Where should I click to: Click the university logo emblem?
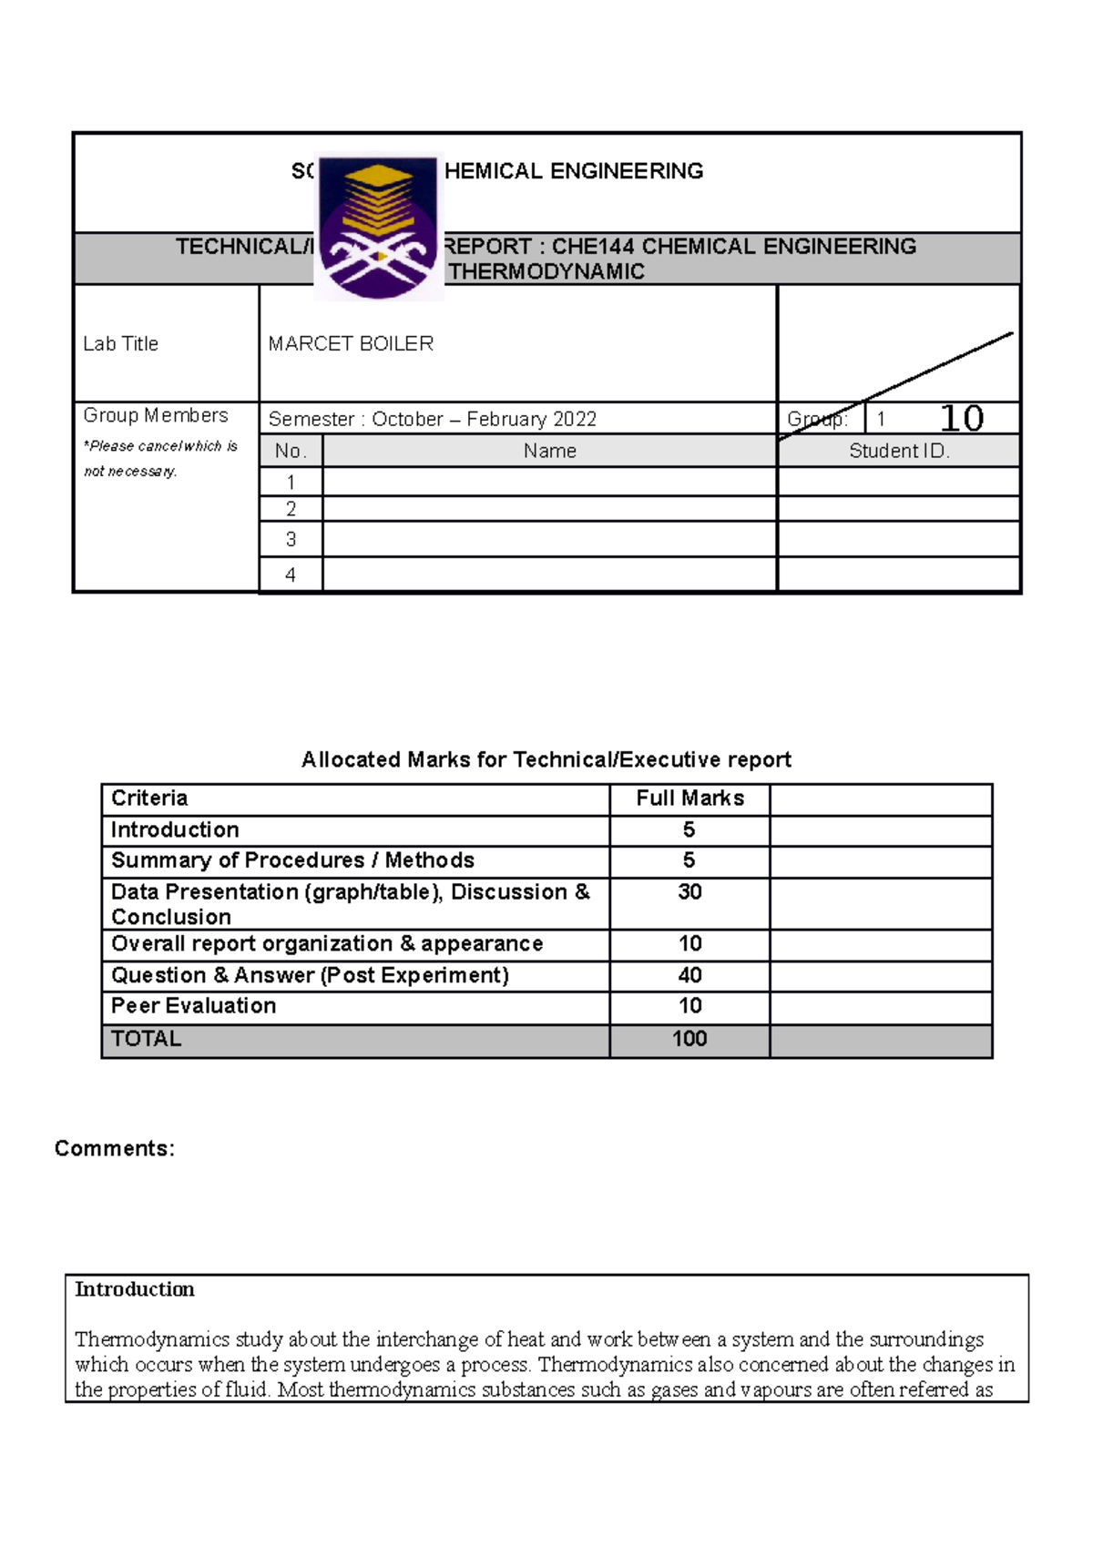(378, 228)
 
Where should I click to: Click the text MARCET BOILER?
(351, 343)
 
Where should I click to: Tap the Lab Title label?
(120, 343)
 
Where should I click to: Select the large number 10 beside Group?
(961, 418)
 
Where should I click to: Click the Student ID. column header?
(899, 451)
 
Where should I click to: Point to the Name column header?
(549, 451)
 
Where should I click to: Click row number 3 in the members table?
(291, 539)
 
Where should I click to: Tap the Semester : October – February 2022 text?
(432, 419)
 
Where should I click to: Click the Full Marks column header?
(690, 798)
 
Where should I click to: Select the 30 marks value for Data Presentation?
(690, 892)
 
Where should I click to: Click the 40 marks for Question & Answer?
(690, 975)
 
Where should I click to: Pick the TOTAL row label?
(146, 1039)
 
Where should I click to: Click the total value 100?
(690, 1039)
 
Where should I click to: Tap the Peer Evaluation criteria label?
(193, 1006)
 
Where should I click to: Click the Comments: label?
(114, 1148)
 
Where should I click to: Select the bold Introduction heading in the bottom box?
(134, 1289)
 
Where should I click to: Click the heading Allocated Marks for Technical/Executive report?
(546, 759)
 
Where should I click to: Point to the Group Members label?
(155, 415)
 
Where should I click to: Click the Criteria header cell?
(149, 798)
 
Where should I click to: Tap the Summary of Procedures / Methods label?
(292, 860)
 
